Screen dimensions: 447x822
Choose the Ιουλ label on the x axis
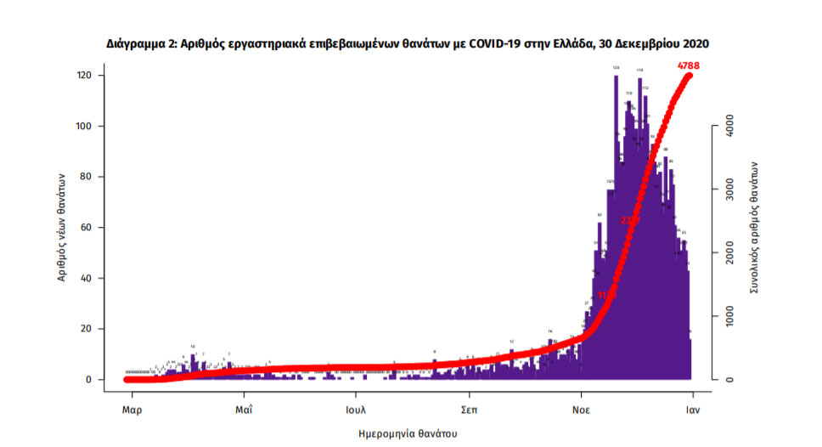[355, 408]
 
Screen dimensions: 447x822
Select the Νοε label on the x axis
[581, 408]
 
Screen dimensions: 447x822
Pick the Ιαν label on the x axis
[693, 408]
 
